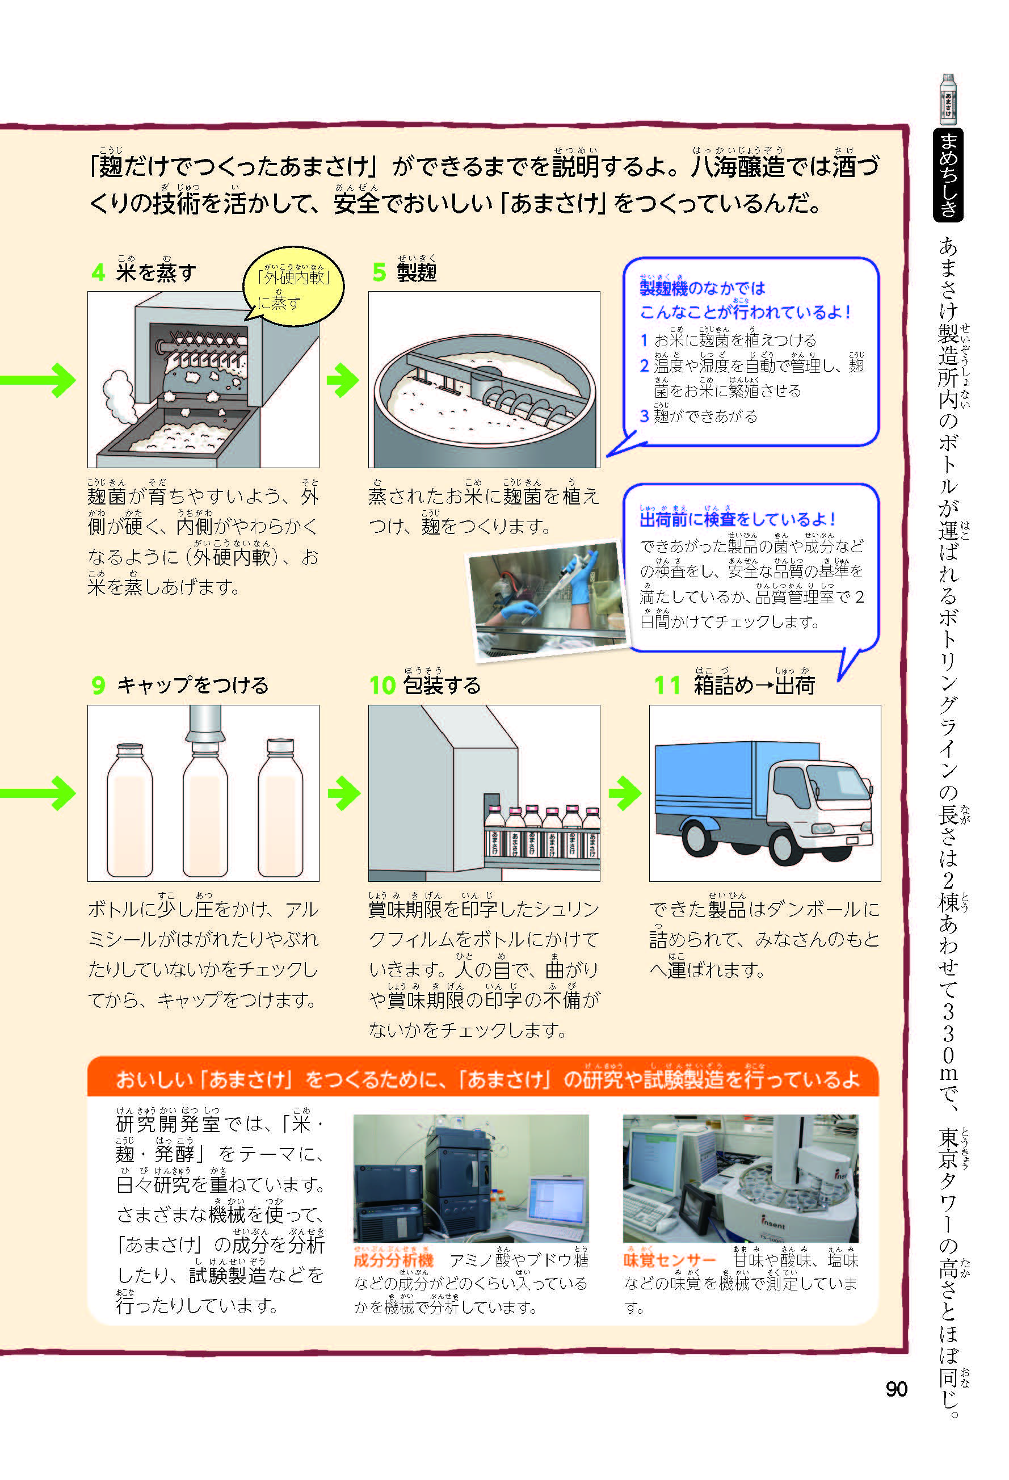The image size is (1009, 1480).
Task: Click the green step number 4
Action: [98, 272]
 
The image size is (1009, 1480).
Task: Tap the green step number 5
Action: [379, 272]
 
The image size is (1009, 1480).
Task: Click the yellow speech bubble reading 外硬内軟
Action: [293, 287]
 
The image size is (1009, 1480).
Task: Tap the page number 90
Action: [896, 1389]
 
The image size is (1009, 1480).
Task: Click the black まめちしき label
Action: [948, 174]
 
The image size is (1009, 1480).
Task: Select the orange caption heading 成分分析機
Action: [393, 1260]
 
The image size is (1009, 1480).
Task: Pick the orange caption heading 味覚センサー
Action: [670, 1260]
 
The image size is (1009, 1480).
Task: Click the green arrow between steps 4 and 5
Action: [343, 380]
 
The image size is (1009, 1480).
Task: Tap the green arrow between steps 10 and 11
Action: [625, 793]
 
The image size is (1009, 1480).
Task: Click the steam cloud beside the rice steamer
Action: [120, 395]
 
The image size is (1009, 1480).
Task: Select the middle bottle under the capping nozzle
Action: [205, 812]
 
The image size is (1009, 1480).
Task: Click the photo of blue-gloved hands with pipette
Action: [548, 599]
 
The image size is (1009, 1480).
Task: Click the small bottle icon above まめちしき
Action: [948, 99]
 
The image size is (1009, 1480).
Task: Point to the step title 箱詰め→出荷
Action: [754, 685]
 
